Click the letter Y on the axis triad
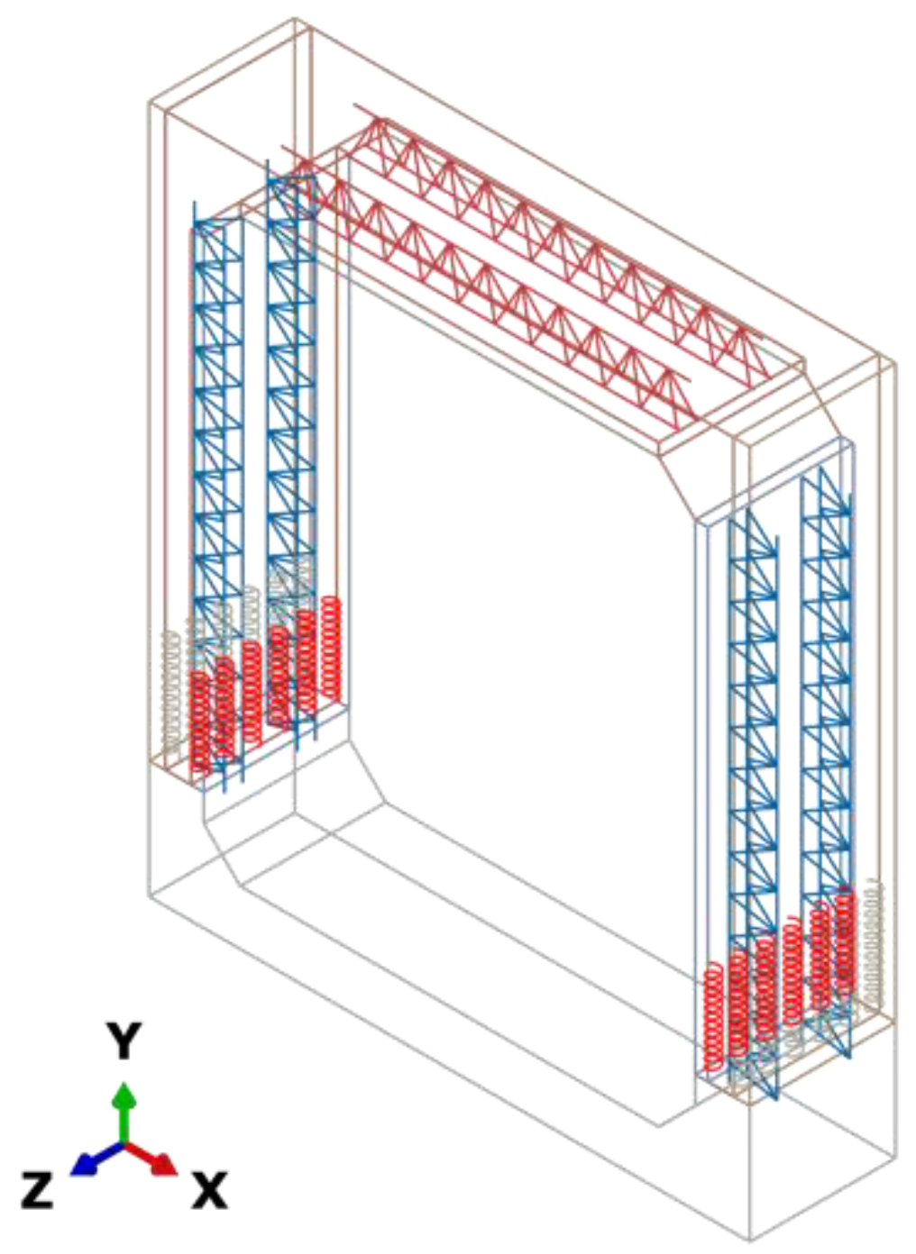click(124, 1043)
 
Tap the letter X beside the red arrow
click(209, 1192)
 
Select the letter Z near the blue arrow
click(37, 1189)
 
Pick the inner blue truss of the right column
click(753, 721)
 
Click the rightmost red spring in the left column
click(331, 649)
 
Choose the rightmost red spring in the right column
click(844, 937)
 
